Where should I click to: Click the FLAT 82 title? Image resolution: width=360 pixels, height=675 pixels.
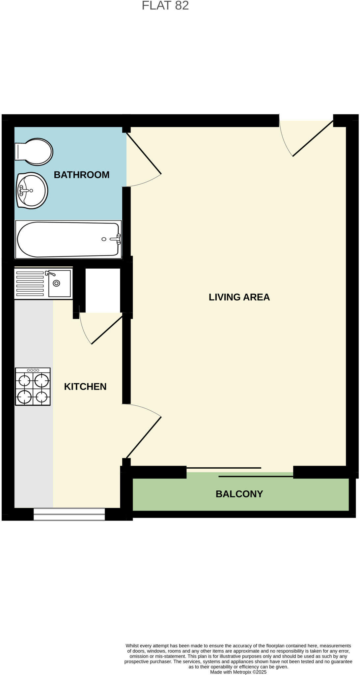(165, 6)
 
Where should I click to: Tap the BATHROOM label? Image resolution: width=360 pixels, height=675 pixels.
(81, 175)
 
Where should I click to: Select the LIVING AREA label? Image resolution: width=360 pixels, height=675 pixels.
(239, 297)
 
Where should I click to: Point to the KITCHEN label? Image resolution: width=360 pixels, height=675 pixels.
(85, 386)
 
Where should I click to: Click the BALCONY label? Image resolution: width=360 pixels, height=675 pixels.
(239, 494)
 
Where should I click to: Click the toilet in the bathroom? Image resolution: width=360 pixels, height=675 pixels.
(35, 152)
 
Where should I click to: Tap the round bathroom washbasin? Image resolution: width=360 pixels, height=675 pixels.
(32, 191)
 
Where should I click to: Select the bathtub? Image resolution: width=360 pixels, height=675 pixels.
(68, 239)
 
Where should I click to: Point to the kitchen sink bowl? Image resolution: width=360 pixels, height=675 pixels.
(59, 283)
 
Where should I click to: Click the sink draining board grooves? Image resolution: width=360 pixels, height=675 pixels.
(30, 283)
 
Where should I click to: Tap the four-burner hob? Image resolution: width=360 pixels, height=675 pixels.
(33, 386)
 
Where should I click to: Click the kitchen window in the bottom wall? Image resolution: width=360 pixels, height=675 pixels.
(69, 514)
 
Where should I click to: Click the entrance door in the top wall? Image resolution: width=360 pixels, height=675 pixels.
(312, 138)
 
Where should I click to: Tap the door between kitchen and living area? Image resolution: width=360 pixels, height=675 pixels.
(144, 437)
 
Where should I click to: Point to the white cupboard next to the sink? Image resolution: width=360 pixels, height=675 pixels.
(102, 290)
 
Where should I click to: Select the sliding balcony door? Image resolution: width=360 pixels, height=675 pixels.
(240, 472)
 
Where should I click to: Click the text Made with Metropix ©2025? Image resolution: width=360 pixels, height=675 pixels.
(238, 672)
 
